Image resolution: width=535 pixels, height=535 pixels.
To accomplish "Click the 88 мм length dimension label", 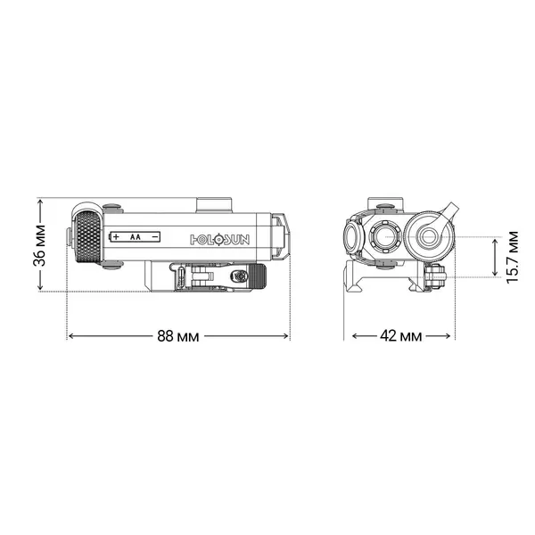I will click(178, 336).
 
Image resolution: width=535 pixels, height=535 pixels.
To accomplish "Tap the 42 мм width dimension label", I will click(400, 336).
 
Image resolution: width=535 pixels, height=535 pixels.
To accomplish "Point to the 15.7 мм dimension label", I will click(513, 257).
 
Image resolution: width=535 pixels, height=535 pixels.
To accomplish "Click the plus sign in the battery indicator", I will click(115, 237).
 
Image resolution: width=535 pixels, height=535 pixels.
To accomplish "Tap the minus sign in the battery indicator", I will click(154, 237).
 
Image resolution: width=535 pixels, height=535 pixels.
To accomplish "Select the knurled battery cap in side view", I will click(88, 237).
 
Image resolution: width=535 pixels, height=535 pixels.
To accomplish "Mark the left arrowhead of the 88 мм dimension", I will click(71, 336).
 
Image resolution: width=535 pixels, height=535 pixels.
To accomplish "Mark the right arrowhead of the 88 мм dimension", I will click(286, 336).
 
